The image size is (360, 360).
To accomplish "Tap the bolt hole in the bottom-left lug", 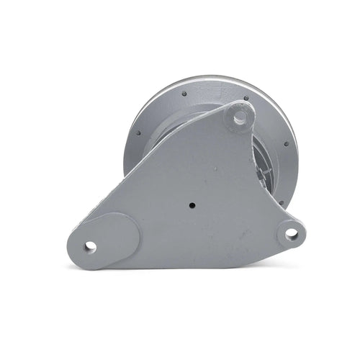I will pyautogui.click(x=90, y=246).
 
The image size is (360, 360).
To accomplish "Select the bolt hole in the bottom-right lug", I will pyautogui.click(x=291, y=233).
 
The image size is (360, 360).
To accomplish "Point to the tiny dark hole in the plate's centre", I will pyautogui.click(x=192, y=204).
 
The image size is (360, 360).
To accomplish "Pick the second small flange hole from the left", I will pyautogui.click(x=184, y=94).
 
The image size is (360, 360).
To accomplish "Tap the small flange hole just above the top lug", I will pyautogui.click(x=246, y=98).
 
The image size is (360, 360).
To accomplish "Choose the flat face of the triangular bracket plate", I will pyautogui.click(x=194, y=180).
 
